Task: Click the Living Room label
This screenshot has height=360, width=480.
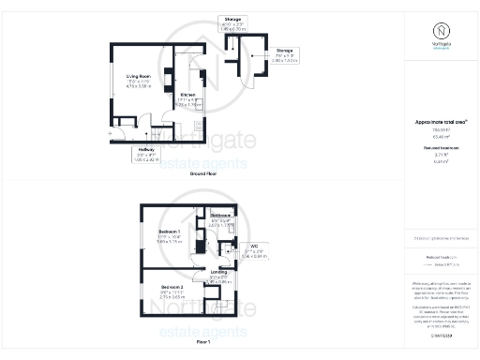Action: click(139, 76)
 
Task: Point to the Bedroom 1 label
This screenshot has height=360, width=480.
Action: click(169, 231)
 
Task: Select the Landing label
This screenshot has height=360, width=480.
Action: click(218, 273)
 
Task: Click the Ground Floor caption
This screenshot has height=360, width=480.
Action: click(203, 174)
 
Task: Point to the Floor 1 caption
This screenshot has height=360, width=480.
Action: click(203, 343)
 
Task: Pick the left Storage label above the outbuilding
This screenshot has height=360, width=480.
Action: click(232, 19)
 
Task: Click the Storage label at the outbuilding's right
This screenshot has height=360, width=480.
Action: click(286, 51)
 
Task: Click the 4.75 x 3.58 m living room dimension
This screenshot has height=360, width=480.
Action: click(139, 86)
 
